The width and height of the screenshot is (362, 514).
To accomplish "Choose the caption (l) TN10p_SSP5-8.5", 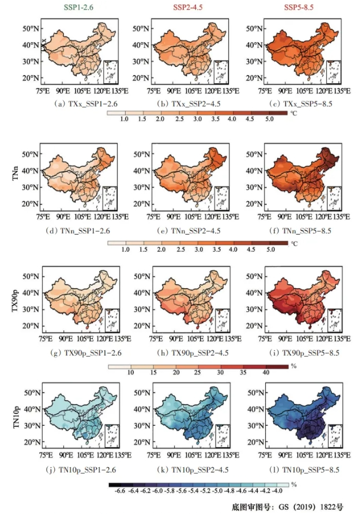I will pyautogui.click(x=290, y=470).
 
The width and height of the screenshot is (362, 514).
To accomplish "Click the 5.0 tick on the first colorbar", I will pyautogui.click(x=269, y=119).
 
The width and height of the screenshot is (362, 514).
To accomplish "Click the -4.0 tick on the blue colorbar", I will pyautogui.click(x=278, y=491).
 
